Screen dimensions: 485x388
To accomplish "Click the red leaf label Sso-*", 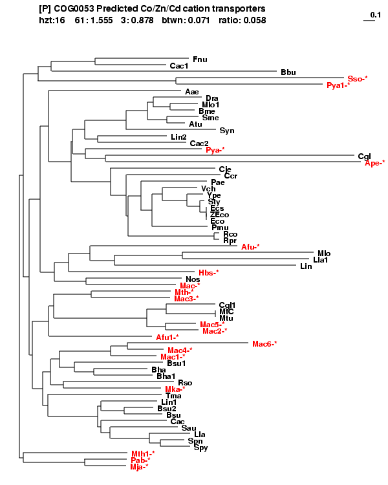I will [357, 79].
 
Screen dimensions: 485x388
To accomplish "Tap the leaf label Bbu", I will [288, 72].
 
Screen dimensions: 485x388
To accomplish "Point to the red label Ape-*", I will [374, 163].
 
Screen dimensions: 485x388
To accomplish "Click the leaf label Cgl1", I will [227, 305].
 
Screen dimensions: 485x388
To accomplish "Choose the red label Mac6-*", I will [264, 344].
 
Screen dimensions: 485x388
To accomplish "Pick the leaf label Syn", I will [227, 131].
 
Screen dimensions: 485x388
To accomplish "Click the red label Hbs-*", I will [209, 273].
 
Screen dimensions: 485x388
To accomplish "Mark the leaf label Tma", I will [166, 396].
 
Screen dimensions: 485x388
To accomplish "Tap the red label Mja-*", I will [139, 467].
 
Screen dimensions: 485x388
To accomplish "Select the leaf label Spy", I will [200, 447].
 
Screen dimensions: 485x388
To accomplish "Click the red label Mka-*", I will [175, 389].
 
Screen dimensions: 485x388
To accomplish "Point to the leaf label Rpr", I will [230, 241].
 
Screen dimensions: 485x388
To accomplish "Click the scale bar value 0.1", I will [375, 15].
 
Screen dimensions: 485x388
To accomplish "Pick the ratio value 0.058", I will [254, 21].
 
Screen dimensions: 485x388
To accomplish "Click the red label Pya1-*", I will [338, 85].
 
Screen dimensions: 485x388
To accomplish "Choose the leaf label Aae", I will [192, 92].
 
